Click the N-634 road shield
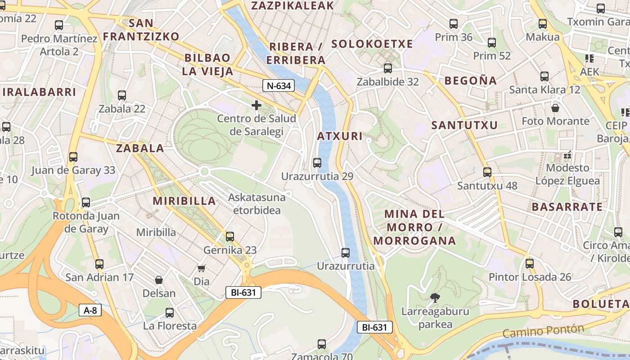click(x=279, y=85)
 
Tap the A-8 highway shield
click(x=90, y=310)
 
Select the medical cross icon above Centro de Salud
click(x=256, y=105)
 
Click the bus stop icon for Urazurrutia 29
click(x=317, y=163)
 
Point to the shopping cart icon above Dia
click(x=202, y=268)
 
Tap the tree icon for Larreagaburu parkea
click(x=435, y=297)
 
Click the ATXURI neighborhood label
click(x=340, y=136)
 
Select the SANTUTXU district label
click(x=464, y=125)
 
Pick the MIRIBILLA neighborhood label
click(x=184, y=201)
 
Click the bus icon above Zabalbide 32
click(x=387, y=68)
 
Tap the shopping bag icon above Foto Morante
click(x=555, y=108)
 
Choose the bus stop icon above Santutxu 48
click(x=487, y=172)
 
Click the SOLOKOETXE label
click(x=372, y=44)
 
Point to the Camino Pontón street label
click(x=543, y=331)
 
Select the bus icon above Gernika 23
click(x=230, y=236)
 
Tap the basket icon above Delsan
click(x=159, y=280)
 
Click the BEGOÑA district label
click(x=471, y=81)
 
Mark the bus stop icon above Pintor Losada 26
click(x=530, y=263)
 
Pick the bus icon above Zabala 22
click(x=122, y=95)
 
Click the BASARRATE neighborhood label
click(x=567, y=207)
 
